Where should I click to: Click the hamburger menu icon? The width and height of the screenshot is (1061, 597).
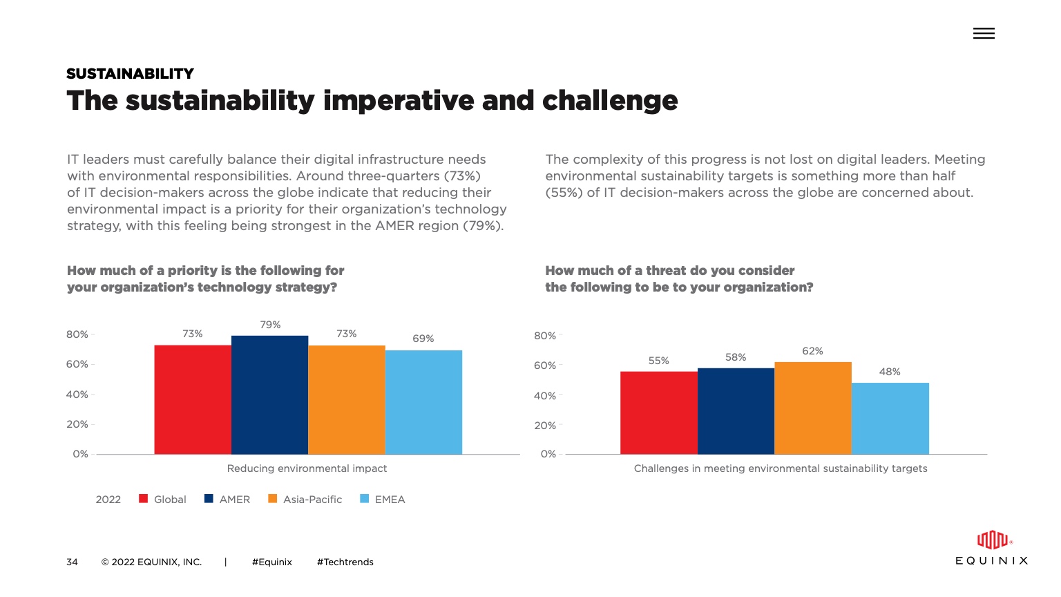tap(984, 33)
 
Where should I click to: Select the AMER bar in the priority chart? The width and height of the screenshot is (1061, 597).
tap(269, 395)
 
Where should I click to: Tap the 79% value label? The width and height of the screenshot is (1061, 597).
tap(270, 325)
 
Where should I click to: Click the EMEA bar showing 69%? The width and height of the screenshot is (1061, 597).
tap(423, 402)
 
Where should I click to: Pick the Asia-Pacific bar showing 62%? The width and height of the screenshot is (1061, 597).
tap(813, 408)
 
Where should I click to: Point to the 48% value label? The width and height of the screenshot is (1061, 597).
tap(890, 372)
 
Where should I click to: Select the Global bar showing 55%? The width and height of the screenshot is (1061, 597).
tap(659, 413)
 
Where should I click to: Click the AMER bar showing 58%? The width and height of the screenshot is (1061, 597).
tap(736, 411)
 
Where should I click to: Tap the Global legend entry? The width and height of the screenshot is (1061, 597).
tap(163, 500)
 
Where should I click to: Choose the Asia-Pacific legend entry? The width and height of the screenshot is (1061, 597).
tap(305, 500)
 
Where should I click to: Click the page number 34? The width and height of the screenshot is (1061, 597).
tap(72, 562)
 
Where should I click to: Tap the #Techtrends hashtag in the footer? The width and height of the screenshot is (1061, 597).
tap(345, 562)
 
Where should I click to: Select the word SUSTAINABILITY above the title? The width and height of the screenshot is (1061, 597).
tap(130, 74)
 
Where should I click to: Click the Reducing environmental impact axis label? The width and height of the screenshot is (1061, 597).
tap(307, 468)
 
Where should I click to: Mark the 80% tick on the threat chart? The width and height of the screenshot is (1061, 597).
tap(545, 336)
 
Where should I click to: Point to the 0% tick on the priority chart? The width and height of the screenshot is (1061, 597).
tap(80, 454)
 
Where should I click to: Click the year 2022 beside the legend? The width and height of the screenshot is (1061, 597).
tap(108, 500)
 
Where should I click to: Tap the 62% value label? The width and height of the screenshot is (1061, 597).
tap(812, 351)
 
